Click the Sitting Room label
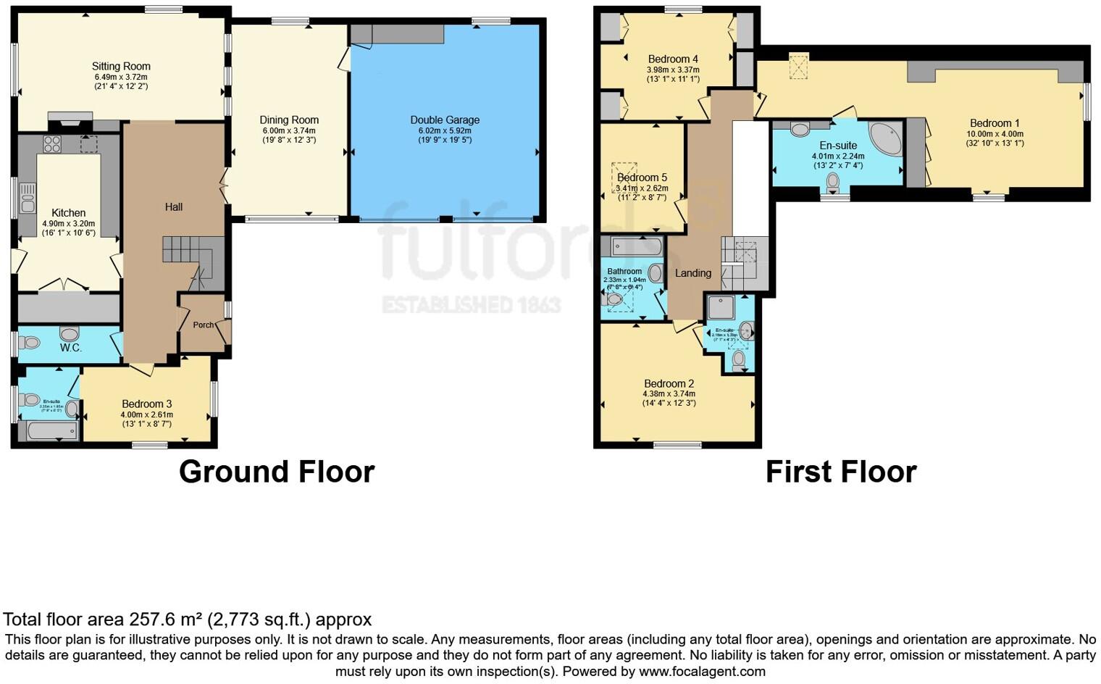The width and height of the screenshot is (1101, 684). click(121, 66)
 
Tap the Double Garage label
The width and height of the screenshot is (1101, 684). click(445, 120)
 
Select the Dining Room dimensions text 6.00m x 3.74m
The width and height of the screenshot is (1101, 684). click(289, 130)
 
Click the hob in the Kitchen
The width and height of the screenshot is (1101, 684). click(51, 143)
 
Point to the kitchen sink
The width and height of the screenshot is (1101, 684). click(28, 198)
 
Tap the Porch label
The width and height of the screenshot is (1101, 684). click(203, 325)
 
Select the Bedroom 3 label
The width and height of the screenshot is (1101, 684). click(146, 404)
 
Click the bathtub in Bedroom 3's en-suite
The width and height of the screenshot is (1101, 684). click(51, 432)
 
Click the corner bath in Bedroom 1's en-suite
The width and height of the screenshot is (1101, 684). click(886, 139)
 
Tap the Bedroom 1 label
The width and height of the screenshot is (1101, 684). click(995, 123)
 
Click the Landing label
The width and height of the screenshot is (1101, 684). click(692, 273)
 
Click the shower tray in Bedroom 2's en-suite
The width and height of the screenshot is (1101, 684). click(721, 307)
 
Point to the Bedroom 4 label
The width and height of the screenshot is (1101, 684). click(673, 59)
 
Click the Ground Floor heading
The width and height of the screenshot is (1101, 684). click(277, 472)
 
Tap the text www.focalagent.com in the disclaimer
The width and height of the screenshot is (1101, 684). click(702, 672)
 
